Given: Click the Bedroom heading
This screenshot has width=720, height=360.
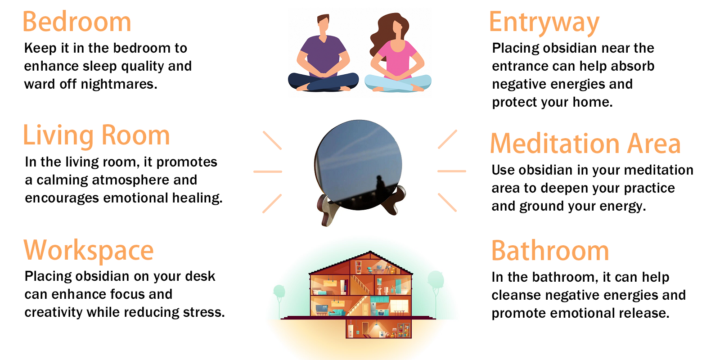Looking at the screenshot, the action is click(77, 22).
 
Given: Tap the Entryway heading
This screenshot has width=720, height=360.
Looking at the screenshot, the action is click(544, 22).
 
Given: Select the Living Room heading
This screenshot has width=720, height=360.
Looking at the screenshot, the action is click(96, 135).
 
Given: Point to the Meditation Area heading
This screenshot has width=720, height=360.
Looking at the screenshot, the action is click(585, 144).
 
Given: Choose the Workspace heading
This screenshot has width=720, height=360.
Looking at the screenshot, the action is click(89, 251).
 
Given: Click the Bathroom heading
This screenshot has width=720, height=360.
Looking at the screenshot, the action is click(550, 251).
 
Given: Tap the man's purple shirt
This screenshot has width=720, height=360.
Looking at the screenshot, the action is click(323, 57).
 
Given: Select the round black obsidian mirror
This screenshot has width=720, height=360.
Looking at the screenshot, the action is click(358, 165).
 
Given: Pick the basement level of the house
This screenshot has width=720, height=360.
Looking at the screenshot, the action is click(378, 329).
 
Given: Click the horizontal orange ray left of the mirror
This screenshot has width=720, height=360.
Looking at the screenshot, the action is click(268, 171).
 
